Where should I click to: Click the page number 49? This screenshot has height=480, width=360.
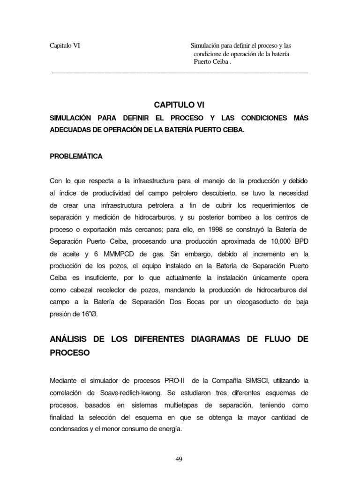[x=179, y=459]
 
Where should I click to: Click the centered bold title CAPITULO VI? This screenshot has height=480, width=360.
[x=180, y=105]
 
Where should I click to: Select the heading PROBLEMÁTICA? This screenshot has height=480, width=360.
[x=76, y=156]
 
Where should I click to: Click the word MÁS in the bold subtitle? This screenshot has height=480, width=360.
[x=300, y=118]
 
